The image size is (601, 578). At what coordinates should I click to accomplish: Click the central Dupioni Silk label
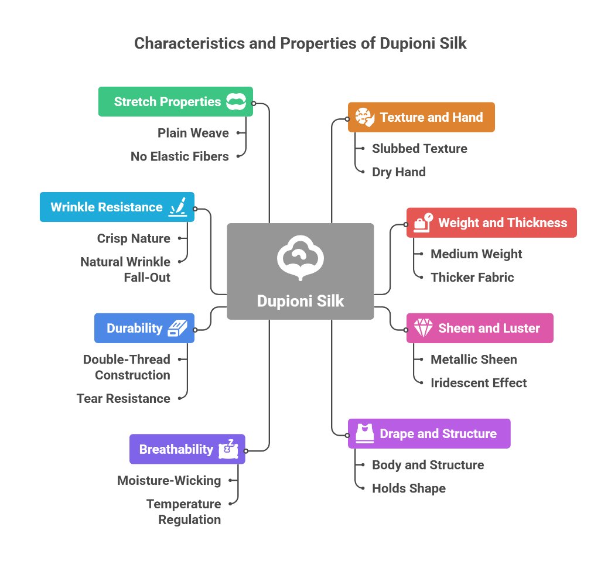(300, 302)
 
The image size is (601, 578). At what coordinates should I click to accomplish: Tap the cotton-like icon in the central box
(300, 258)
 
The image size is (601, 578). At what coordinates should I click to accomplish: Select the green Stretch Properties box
(175, 101)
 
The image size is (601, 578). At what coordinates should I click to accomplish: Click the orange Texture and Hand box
(421, 117)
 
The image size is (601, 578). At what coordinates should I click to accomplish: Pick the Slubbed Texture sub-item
(419, 148)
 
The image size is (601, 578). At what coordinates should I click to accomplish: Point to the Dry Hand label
(398, 172)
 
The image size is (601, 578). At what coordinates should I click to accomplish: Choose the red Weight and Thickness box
(491, 223)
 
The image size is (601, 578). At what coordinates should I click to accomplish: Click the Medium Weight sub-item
(476, 254)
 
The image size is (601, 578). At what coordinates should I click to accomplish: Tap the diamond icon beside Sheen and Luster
(423, 328)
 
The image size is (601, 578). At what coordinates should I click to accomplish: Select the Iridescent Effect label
(479, 382)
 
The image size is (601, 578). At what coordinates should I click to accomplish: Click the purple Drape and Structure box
(429, 433)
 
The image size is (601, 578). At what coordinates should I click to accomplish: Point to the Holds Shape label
(408, 488)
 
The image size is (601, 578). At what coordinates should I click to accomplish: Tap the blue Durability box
(144, 328)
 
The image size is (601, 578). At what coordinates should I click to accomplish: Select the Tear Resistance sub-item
(123, 398)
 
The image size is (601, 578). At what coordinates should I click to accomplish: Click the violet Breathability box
(187, 449)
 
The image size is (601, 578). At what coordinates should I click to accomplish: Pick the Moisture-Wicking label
(169, 480)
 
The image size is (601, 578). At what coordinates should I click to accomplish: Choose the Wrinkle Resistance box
(117, 207)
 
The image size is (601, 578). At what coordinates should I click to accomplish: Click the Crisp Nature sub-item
(134, 238)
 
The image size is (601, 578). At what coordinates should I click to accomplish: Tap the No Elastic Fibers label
(179, 156)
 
